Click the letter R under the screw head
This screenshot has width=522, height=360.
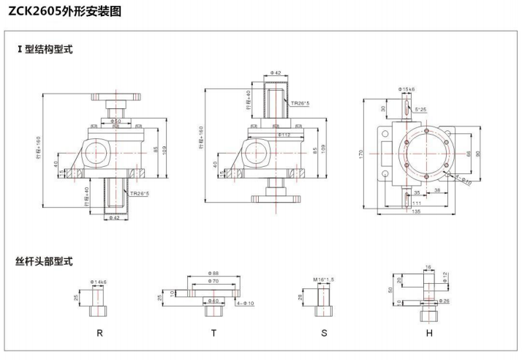[x=99, y=332]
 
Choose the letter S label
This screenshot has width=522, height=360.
[x=324, y=332]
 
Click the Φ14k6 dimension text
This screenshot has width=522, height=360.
[x=99, y=282]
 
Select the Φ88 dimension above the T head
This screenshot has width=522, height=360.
[x=213, y=274]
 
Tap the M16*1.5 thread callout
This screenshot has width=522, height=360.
[x=324, y=279]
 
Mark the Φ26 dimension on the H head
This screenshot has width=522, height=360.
[x=445, y=301]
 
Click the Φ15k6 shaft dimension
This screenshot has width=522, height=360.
[x=407, y=89]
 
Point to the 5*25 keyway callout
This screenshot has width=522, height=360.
[x=422, y=110]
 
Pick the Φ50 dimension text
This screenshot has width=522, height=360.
[x=116, y=121]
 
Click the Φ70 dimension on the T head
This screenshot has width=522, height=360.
[x=213, y=281]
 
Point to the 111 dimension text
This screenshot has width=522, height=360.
[x=416, y=203]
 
